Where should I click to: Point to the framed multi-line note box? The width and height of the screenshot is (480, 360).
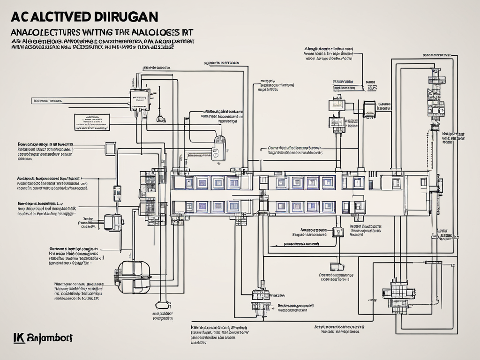click(x=91, y=122)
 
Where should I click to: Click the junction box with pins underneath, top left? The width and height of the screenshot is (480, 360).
click(x=140, y=100)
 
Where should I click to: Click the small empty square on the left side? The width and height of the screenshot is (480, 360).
click(x=110, y=149)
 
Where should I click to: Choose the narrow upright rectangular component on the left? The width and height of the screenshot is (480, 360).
click(x=117, y=193)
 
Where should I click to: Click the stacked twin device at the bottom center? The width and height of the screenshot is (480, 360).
click(x=261, y=300)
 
